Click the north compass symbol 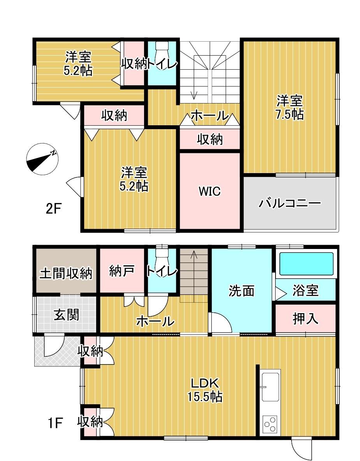coord(42,160)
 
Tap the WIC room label coord(210,191)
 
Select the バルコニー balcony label coord(290,203)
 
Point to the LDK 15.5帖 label coord(205,390)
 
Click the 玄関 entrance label coord(67,315)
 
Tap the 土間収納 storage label coord(66,274)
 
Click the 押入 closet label coord(306,318)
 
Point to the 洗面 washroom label coord(241,291)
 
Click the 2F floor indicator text coord(53,209)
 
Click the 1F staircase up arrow coord(194,276)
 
